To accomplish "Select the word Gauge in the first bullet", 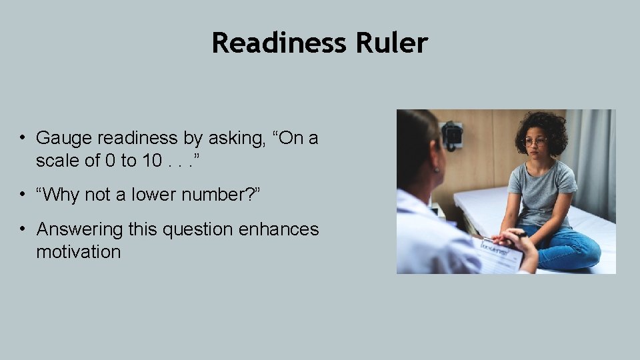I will pos(64,138).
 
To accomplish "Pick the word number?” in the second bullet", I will pos(223,195).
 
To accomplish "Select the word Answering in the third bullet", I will pos(80,229).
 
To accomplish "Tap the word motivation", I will pos(78,252).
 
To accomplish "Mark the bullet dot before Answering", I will pos(23,229).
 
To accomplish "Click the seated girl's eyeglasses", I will pos(535,142).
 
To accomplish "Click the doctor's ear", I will pos(437,165).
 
